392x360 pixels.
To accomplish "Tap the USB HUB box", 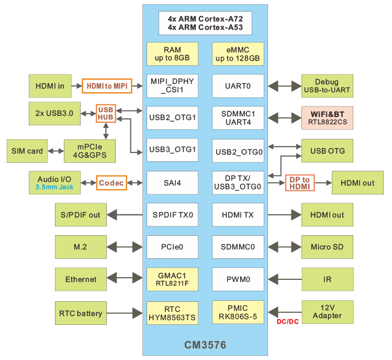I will pos(105,113).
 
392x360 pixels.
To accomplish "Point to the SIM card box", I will pos(27,151).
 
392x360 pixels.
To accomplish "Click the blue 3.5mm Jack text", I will pos(55,187).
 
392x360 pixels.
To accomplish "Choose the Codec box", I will pos(111,183).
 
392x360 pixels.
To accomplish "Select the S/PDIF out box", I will pos(81,215).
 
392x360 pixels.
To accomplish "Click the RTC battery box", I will pos(81,313).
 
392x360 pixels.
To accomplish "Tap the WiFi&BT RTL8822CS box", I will pos(327,118).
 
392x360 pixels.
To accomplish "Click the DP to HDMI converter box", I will pos(299,183).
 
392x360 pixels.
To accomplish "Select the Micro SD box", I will pos(327,247).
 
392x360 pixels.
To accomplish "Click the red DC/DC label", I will pos(287,321).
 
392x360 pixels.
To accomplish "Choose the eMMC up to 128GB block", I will pos(238,54).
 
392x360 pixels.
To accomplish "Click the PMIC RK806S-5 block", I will pos(238,312).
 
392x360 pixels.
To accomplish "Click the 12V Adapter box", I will pos(327,311).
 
